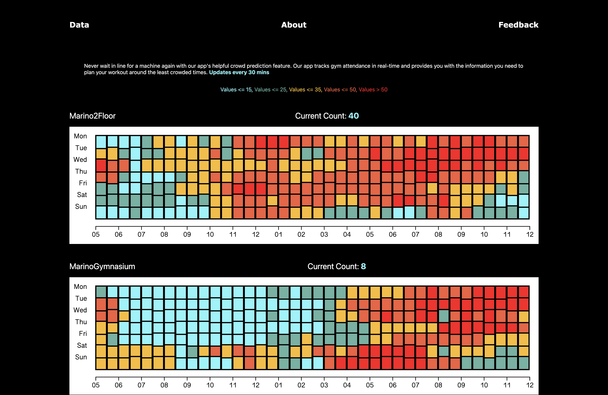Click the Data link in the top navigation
pos(79,25)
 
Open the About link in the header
pos(294,25)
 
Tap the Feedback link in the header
pos(518,25)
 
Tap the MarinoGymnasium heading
pos(102,266)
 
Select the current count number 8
pos(363,266)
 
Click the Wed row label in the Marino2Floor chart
pos(80,160)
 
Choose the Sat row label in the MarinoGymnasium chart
pos(82,345)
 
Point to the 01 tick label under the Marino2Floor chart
pos(278,234)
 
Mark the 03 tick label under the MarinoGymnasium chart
pos(324,385)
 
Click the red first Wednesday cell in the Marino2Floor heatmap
pos(101,165)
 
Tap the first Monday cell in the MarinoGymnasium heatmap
pos(101,292)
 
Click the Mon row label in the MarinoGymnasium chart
pos(80,287)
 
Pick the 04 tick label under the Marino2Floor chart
pos(347,234)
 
